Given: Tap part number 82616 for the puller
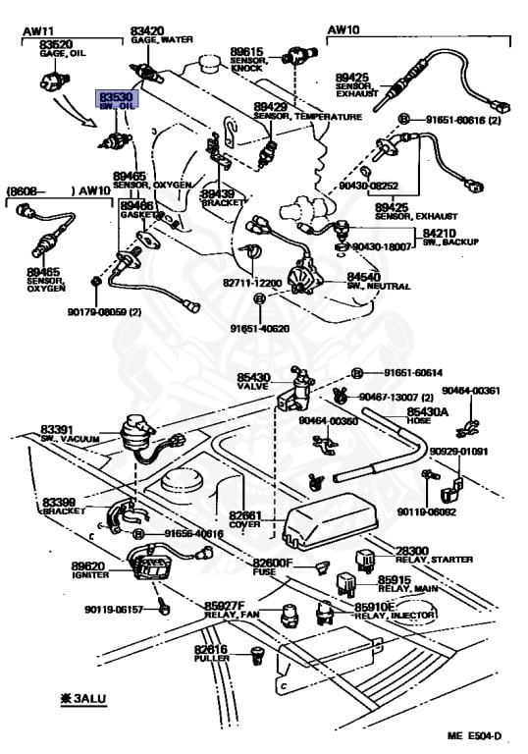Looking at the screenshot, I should [210, 649].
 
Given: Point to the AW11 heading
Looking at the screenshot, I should [36, 31].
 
